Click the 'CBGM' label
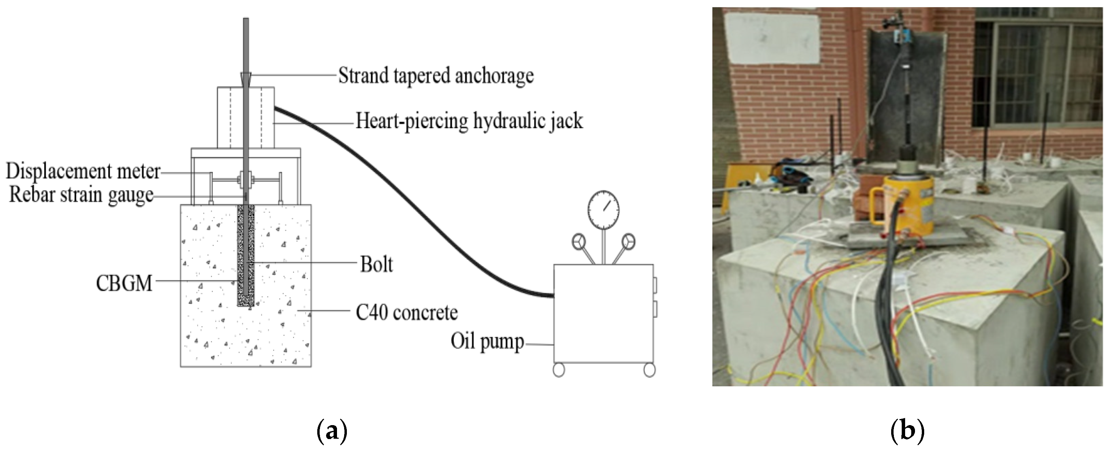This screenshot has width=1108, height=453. pyautogui.click(x=124, y=284)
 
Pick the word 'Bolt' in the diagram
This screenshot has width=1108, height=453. pyautogui.click(x=376, y=264)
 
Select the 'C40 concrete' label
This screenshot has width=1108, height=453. pyautogui.click(x=406, y=313)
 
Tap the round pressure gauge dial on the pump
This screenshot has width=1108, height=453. pyautogui.click(x=604, y=207)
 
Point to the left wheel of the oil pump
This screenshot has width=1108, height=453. pyautogui.click(x=558, y=370)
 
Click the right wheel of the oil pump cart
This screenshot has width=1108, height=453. pyautogui.click(x=649, y=370)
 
